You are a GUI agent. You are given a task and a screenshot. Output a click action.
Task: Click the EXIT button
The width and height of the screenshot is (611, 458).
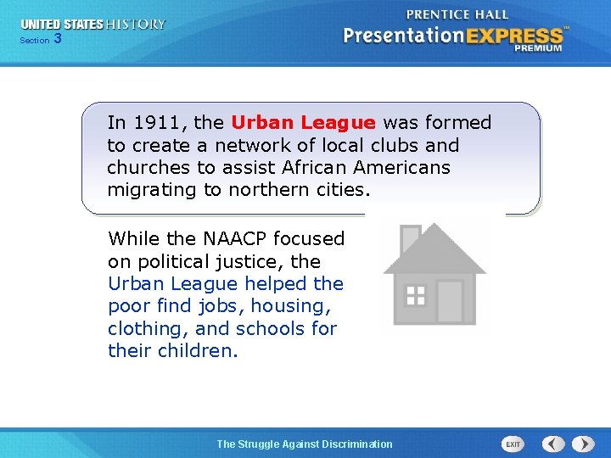pos(513,444)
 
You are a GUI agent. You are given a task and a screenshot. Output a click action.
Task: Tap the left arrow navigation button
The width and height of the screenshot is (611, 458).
pos(553,444)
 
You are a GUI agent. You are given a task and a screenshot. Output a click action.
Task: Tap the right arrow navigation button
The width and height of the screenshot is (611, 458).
pos(583,444)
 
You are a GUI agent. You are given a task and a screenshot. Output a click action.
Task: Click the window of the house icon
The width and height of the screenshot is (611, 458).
pos(415,294)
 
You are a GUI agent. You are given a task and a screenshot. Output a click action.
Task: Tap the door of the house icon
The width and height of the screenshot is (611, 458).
pos(449,300)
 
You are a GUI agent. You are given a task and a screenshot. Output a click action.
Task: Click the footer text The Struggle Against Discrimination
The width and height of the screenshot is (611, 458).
pos(305,444)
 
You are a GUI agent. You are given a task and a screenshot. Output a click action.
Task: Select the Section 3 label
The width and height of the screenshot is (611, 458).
pos(40,40)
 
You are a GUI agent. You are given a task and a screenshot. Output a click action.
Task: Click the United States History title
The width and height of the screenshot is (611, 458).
pos(93,25)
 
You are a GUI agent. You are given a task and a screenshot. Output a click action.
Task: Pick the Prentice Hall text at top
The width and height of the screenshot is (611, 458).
pos(457,14)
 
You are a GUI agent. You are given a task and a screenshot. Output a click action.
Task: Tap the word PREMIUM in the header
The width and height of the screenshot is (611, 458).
pos(537,49)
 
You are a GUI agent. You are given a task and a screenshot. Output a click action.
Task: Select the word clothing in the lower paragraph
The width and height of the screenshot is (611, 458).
pos(144,328)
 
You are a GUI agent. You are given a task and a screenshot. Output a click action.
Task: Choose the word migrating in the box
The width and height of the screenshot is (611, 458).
pos(152,190)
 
